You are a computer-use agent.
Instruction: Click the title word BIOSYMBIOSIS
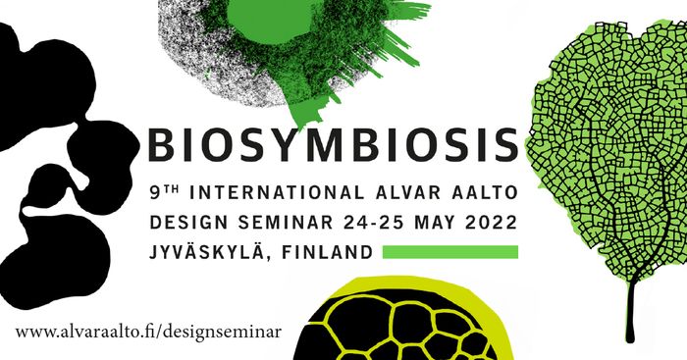pyautogui.click(x=332, y=144)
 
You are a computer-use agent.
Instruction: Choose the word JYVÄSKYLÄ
pyautogui.click(x=206, y=252)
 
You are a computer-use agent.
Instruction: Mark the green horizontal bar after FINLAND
pyautogui.click(x=449, y=252)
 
